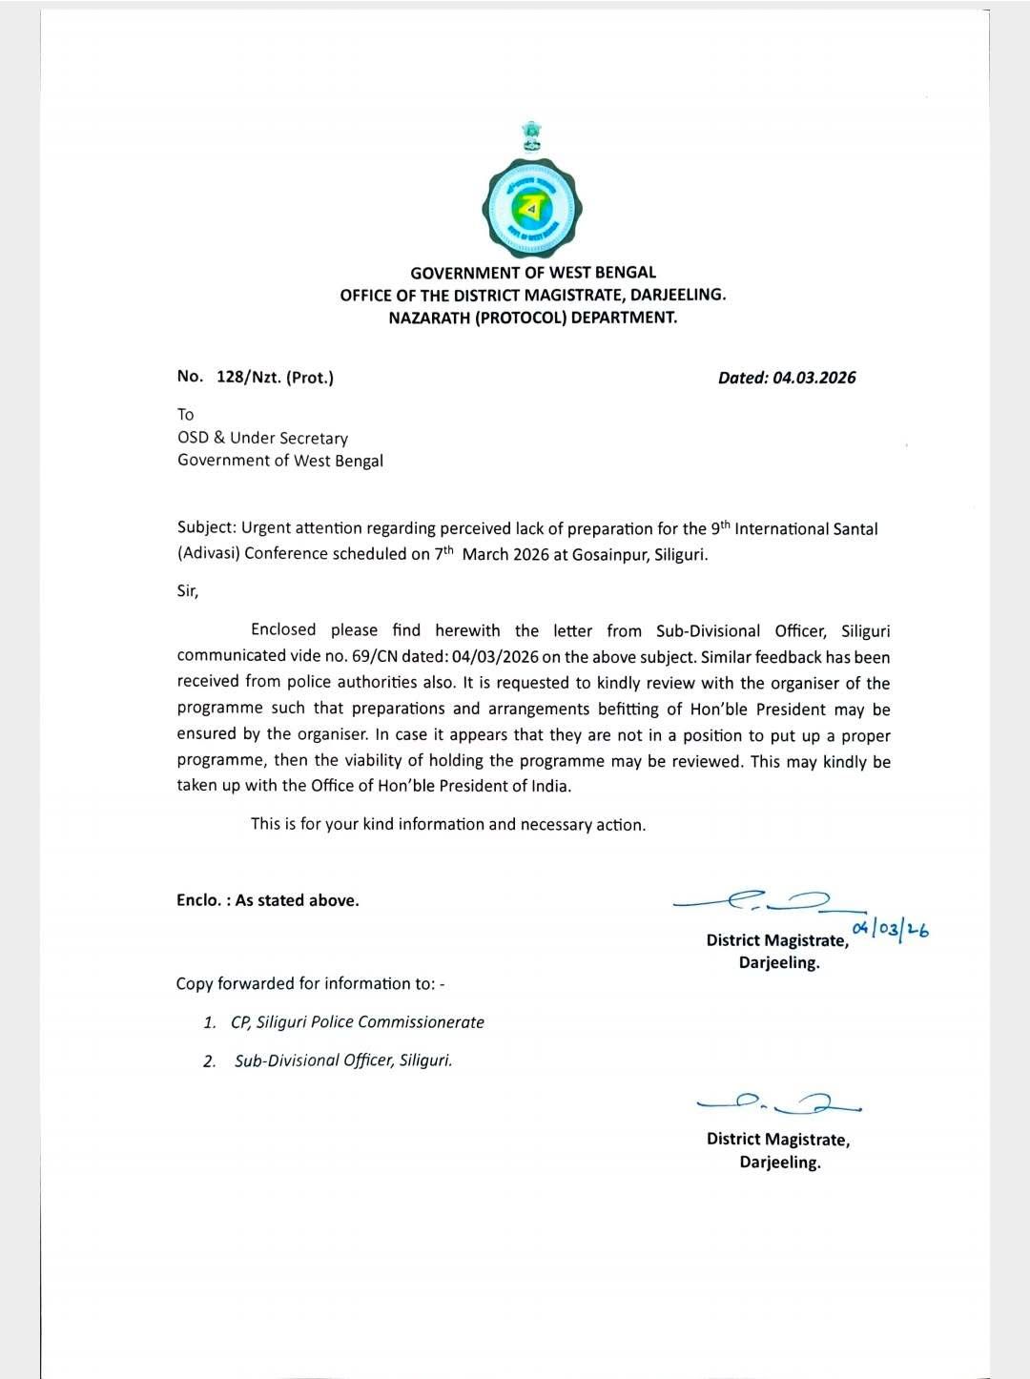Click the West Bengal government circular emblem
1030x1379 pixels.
click(x=532, y=207)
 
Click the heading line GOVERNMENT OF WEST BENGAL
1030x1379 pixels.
click(x=533, y=273)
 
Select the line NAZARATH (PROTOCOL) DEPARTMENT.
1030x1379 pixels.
click(x=533, y=318)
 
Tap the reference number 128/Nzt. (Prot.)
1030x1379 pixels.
click(x=275, y=377)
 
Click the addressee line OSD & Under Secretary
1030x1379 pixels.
click(x=262, y=438)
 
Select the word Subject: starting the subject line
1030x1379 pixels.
click(x=207, y=528)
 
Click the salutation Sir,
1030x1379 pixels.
click(x=188, y=590)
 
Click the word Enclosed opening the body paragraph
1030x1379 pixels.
click(x=283, y=630)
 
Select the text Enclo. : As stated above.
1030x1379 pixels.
click(x=268, y=900)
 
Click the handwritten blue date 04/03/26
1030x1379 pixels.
click(x=891, y=928)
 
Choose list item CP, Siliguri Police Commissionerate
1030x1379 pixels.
click(x=357, y=1022)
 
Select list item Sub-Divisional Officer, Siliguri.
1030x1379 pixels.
click(x=343, y=1060)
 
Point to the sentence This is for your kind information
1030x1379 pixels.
click(x=448, y=824)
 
